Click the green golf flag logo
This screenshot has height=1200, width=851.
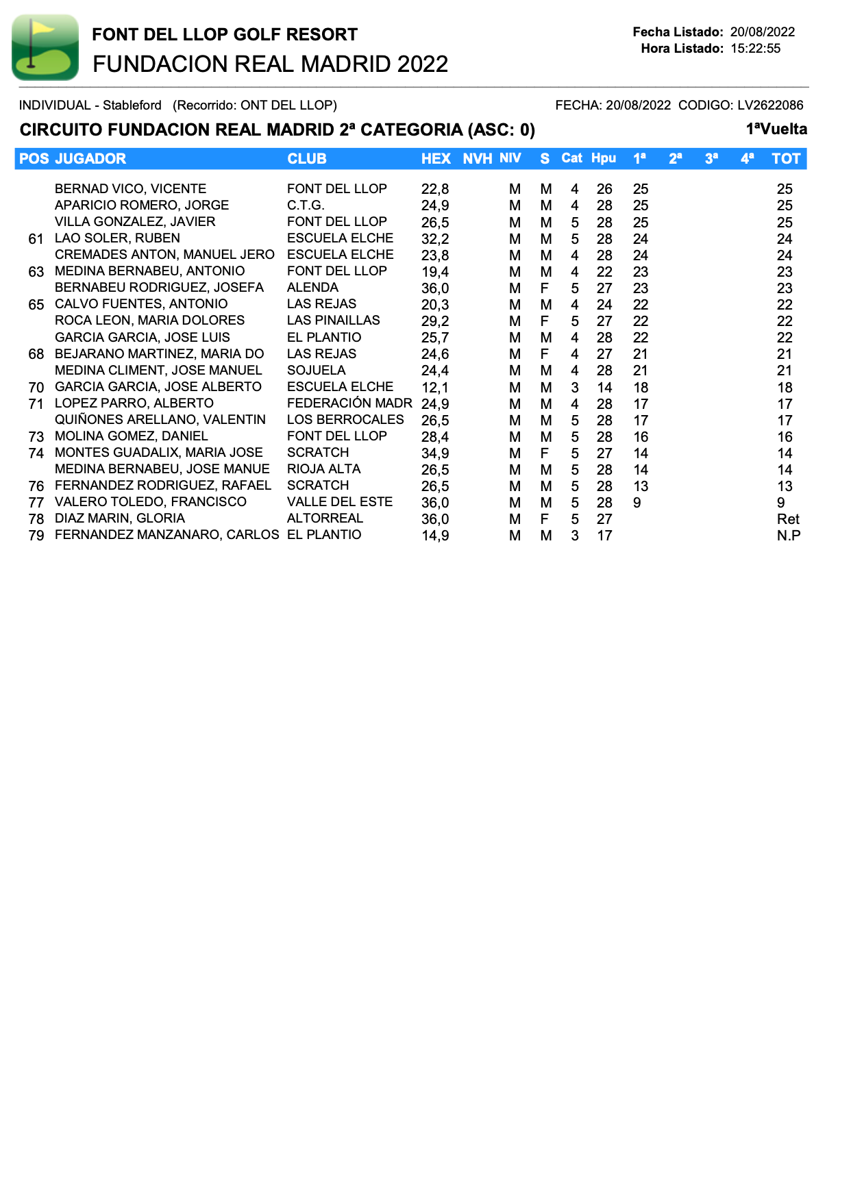click(45, 47)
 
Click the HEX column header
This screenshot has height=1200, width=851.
click(436, 159)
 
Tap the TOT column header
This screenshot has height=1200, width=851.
click(785, 159)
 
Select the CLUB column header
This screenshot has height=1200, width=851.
click(306, 159)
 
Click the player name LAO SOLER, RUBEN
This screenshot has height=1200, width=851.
click(117, 238)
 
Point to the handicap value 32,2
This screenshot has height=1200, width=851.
click(435, 239)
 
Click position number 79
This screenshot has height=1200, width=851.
click(36, 536)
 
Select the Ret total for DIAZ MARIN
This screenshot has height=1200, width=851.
click(788, 519)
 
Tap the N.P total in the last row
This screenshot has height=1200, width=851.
click(788, 536)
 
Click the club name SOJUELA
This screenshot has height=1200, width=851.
click(316, 371)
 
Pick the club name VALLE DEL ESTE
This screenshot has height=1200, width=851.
click(340, 502)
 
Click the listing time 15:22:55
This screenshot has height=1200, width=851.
click(755, 49)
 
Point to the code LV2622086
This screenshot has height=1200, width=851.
click(770, 105)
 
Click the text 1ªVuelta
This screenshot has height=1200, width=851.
click(776, 129)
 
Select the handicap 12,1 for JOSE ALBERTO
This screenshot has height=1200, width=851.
click(435, 388)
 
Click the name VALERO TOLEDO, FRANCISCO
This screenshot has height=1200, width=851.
click(150, 502)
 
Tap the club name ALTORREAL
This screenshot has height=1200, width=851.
click(325, 518)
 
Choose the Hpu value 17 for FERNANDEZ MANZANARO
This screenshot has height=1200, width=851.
click(604, 536)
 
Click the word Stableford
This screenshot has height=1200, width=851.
click(132, 105)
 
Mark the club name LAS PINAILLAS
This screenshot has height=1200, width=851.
click(333, 321)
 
